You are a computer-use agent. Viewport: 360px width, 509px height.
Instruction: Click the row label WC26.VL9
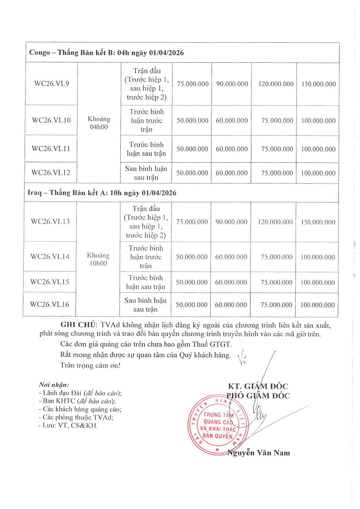tap(51, 84)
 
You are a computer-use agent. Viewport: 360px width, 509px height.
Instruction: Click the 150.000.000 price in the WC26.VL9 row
tap(318, 84)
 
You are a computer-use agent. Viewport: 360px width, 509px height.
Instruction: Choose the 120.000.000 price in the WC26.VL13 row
tap(274, 222)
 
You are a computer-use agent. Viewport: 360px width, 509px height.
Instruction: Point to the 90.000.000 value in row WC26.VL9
tap(232, 84)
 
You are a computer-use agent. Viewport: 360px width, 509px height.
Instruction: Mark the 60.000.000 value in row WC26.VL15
tap(231, 282)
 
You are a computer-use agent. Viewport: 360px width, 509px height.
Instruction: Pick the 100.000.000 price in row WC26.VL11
tap(318, 149)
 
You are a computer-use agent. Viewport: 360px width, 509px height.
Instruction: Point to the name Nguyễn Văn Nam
tap(259, 453)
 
